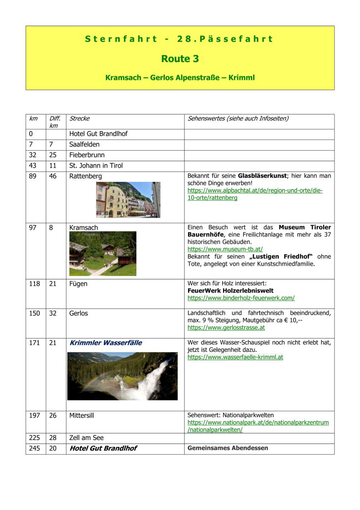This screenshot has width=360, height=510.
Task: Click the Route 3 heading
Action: point(180,59)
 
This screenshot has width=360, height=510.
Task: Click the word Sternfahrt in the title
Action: point(121,39)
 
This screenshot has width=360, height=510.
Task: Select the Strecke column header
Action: point(79,119)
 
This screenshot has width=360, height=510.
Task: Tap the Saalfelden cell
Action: point(84,144)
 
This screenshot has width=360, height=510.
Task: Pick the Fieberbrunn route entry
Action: point(87,155)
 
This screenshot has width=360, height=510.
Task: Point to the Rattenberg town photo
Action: point(128,200)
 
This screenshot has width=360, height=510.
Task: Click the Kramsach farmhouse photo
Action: point(103,254)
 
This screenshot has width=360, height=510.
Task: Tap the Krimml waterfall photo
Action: point(122,376)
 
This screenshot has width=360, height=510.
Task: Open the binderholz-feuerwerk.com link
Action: point(241,298)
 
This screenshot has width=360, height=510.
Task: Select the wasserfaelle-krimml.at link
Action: point(235,357)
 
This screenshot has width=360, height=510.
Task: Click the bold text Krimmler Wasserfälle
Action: point(102,342)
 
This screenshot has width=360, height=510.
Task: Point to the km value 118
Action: point(34,284)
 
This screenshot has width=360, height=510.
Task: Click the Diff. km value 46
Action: point(53,176)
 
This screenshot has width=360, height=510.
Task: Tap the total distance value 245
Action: point(34,448)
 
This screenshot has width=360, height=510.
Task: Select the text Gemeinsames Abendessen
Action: point(228,448)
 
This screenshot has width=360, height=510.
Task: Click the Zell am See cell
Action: point(87,438)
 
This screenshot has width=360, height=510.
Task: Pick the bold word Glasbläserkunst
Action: point(262,176)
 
